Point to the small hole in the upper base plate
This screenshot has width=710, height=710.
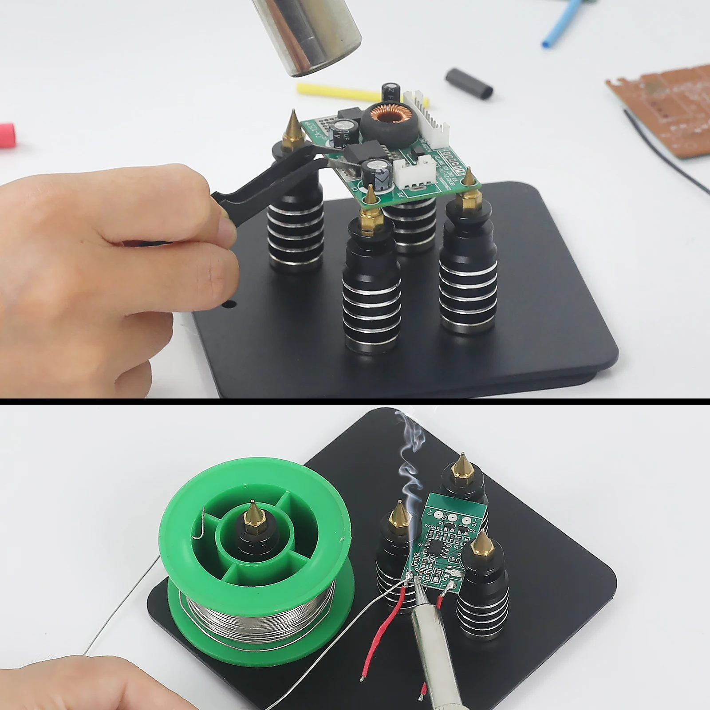tap(229, 304)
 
